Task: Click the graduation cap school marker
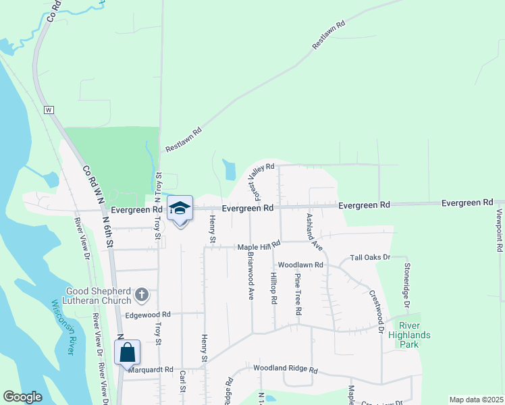tap(180, 209)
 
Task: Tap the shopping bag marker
tap(127, 352)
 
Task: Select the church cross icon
tap(141, 294)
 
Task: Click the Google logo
tap(23, 397)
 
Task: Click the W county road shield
tap(49, 109)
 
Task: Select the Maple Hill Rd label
tap(259, 247)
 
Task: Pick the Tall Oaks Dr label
tap(371, 257)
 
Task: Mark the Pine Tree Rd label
tap(297, 294)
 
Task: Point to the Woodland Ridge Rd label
tap(286, 369)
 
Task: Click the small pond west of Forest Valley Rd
tap(229, 169)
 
